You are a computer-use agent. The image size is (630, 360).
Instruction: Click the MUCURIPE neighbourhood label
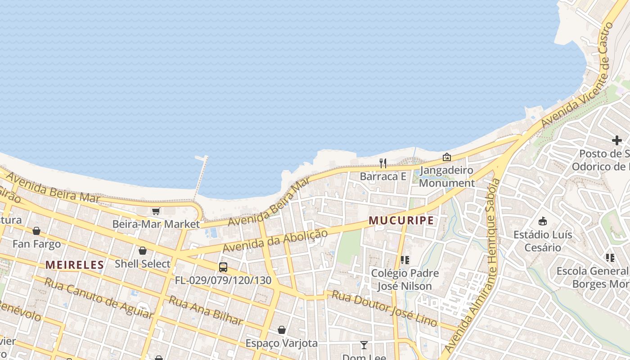[x=401, y=220]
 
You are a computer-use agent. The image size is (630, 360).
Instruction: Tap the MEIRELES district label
[x=75, y=265]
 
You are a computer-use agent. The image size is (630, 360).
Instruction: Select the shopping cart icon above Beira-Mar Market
[x=156, y=211]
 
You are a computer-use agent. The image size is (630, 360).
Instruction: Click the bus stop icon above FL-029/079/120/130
[x=223, y=267]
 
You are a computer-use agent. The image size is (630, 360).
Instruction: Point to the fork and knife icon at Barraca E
[x=383, y=163]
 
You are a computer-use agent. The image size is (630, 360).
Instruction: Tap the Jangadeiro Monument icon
[x=447, y=157]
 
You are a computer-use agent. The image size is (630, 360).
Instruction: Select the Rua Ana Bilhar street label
[x=206, y=310]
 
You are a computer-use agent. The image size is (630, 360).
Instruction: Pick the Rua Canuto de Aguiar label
[x=99, y=297]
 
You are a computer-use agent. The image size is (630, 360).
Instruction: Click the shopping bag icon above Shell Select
[x=143, y=251]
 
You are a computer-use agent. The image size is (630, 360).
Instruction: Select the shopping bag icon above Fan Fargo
[x=36, y=231]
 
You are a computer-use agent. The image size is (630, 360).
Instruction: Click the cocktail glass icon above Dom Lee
[x=364, y=345]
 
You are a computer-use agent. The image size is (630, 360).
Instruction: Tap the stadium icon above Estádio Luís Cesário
[x=543, y=221]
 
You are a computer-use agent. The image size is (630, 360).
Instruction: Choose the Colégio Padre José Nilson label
[x=404, y=279]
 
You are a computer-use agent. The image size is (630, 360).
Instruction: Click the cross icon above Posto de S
[x=616, y=140]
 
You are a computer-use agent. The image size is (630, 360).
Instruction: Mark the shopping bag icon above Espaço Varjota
[x=282, y=330]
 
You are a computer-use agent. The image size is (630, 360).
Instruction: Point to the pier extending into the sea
[x=201, y=176]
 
